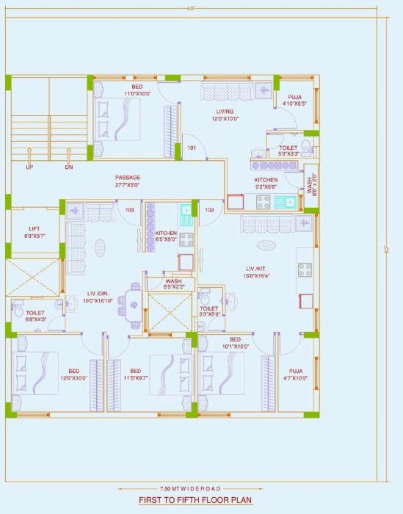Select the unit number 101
tap(192, 148)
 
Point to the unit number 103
tap(130, 211)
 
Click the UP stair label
tap(29, 167)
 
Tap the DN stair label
tap(68, 167)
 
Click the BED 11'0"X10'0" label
tap(137, 90)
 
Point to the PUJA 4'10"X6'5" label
tap(294, 99)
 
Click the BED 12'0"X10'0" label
tap(73, 374)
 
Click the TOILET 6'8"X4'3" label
tap(35, 316)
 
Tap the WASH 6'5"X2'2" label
tap(174, 283)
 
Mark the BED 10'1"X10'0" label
tap(235, 343)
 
